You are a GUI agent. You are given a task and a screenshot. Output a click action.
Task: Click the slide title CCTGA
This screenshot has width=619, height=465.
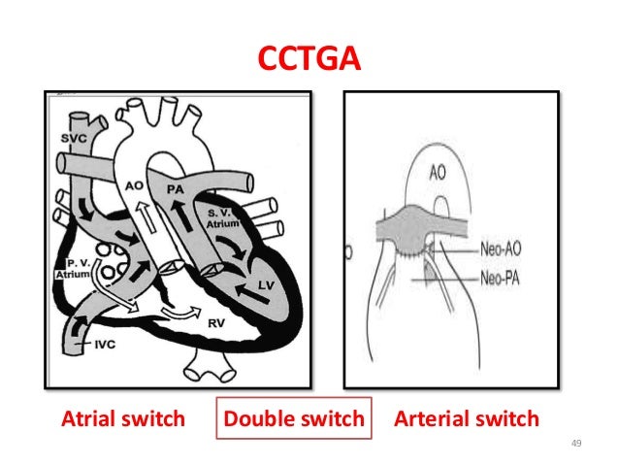point(309,60)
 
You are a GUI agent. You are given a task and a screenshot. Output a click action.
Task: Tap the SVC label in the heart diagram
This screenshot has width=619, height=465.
point(69,138)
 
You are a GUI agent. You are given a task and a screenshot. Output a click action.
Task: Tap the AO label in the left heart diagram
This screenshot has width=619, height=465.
point(135,184)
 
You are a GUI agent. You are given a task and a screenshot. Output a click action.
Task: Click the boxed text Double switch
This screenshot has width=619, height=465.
point(294,419)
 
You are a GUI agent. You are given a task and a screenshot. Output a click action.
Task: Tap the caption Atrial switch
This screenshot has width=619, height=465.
point(123,419)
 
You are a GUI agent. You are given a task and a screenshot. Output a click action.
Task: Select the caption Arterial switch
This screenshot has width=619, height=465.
point(465,419)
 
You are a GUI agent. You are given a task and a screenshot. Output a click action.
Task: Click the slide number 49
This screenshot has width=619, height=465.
point(575,445)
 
